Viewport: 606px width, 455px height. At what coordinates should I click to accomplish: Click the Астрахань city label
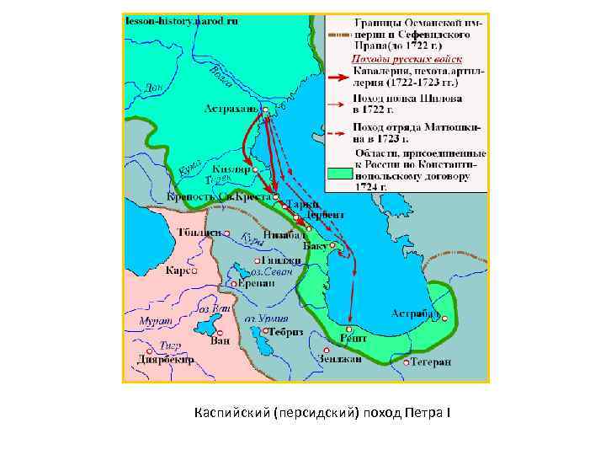231,109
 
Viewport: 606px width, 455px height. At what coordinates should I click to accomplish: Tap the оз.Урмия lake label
266,319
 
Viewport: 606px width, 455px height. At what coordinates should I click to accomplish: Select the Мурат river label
157,322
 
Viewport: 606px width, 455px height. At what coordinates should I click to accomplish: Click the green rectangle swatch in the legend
339,172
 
